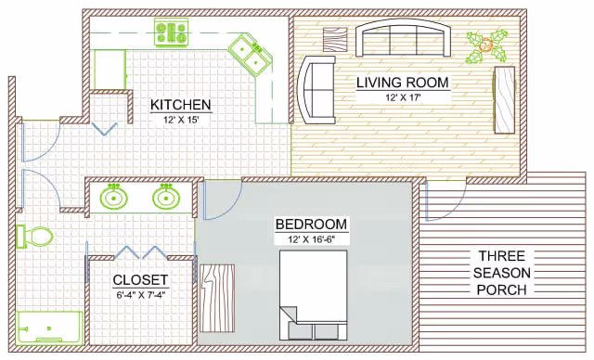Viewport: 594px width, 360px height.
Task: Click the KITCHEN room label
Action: pyautogui.click(x=180, y=104)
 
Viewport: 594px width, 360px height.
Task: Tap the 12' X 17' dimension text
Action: pyautogui.click(x=402, y=96)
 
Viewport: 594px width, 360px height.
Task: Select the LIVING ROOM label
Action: pyautogui.click(x=403, y=83)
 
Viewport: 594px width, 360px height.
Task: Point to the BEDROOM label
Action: pyautogui.click(x=311, y=224)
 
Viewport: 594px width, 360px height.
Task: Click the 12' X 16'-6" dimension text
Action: pyautogui.click(x=311, y=238)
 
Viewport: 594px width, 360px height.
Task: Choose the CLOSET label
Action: pyautogui.click(x=139, y=279)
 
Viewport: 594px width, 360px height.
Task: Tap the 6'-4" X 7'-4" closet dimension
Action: pyautogui.click(x=139, y=295)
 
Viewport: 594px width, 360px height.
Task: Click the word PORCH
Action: pyautogui.click(x=501, y=289)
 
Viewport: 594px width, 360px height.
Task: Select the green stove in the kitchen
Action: pyautogui.click(x=172, y=33)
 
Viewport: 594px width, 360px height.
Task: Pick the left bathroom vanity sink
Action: pyautogui.click(x=114, y=197)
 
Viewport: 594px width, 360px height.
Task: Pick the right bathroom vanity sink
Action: pyautogui.click(x=166, y=197)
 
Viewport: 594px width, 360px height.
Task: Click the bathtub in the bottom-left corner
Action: pyautogui.click(x=49, y=328)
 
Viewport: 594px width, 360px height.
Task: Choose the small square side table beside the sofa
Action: pyautogui.click(x=334, y=40)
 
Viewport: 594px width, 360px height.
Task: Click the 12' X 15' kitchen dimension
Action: pyautogui.click(x=180, y=119)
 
